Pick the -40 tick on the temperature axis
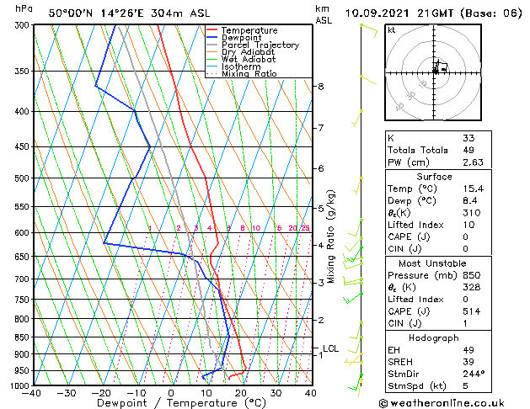[33, 393]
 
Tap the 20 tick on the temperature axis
[241, 393]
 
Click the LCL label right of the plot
[331, 348]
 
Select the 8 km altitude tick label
[321, 87]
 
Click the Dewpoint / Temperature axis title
[171, 403]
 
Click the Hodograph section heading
[435, 337]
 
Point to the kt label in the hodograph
[391, 30]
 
